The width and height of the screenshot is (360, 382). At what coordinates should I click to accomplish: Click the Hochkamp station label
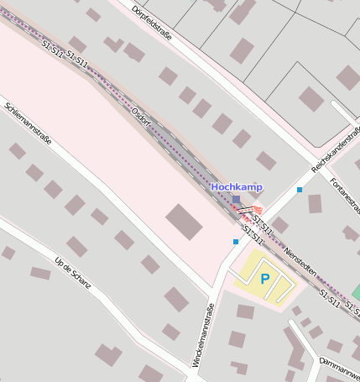point(236,186)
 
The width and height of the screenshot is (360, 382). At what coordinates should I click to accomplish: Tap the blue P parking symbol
point(265,279)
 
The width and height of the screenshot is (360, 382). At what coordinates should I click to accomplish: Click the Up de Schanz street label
point(71,278)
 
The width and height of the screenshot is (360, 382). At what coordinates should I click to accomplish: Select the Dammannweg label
point(339,366)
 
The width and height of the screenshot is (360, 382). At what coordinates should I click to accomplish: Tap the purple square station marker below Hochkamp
point(236,199)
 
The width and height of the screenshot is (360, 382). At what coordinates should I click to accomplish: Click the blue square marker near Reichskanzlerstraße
point(300,190)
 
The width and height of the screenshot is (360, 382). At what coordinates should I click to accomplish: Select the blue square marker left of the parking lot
point(236,242)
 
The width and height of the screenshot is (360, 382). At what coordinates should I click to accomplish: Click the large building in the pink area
point(184,222)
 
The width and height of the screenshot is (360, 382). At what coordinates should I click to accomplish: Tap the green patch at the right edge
point(356,292)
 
